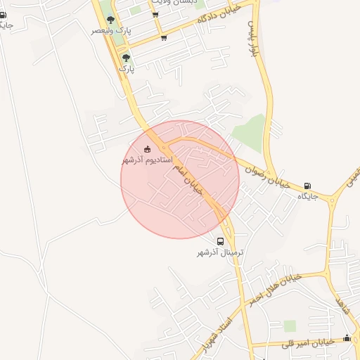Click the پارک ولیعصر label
tap(112, 32)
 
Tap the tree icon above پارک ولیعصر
tap(110, 19)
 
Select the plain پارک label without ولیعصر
tap(126, 69)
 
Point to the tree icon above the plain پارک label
tap(126, 58)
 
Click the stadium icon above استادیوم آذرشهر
tap(147, 149)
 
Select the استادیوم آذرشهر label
tap(146, 160)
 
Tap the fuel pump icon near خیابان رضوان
tap(308, 186)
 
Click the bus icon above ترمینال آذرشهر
tap(221, 241)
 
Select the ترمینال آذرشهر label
tap(220, 252)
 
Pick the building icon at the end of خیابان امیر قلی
tap(347, 338)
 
